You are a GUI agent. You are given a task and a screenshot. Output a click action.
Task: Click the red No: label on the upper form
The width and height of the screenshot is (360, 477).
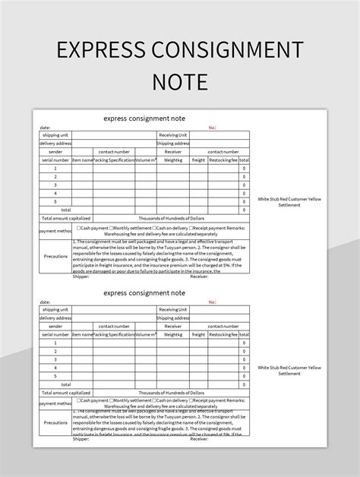click(213, 128)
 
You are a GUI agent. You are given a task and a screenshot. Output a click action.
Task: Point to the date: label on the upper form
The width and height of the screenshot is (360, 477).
click(45, 128)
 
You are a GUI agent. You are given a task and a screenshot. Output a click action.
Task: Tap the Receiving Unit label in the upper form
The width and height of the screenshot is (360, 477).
click(173, 135)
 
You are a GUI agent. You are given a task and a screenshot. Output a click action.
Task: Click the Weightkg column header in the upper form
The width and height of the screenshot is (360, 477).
click(173, 160)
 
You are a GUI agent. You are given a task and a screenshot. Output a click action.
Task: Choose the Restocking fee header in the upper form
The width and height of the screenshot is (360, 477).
click(223, 160)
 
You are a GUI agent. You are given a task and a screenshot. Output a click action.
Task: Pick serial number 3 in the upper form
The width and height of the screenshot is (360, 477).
click(55, 185)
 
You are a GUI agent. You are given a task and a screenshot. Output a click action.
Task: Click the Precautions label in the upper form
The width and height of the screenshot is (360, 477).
click(55, 256)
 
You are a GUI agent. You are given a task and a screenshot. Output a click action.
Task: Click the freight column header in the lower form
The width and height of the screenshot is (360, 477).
click(198, 334)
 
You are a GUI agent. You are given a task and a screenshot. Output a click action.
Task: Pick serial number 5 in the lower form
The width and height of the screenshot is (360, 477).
click(55, 374)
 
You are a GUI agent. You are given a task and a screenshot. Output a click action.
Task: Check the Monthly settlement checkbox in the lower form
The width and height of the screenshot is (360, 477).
click(112, 400)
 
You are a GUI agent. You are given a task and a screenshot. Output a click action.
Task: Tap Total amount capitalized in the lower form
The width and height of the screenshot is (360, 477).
click(55, 390)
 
